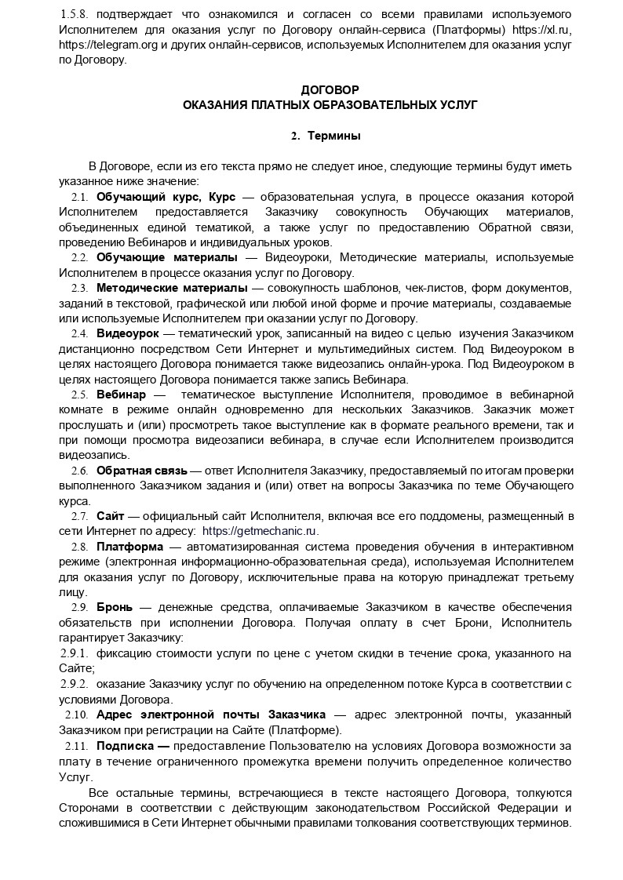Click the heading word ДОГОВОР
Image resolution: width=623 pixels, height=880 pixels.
330,90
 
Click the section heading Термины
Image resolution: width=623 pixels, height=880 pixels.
333,136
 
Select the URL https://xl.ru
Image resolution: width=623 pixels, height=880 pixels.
547,30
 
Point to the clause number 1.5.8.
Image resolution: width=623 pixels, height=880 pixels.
75,15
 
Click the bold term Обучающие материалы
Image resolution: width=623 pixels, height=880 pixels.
166,257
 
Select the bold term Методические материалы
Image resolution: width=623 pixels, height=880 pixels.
172,288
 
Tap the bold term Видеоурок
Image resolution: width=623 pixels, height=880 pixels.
127,333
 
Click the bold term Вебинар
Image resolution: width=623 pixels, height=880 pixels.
121,394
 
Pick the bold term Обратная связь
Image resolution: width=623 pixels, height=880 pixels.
141,471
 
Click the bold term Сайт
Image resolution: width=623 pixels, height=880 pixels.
110,516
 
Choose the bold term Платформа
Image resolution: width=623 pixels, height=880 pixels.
129,547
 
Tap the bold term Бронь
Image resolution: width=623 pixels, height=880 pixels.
115,608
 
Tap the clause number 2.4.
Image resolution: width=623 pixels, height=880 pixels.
79,333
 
